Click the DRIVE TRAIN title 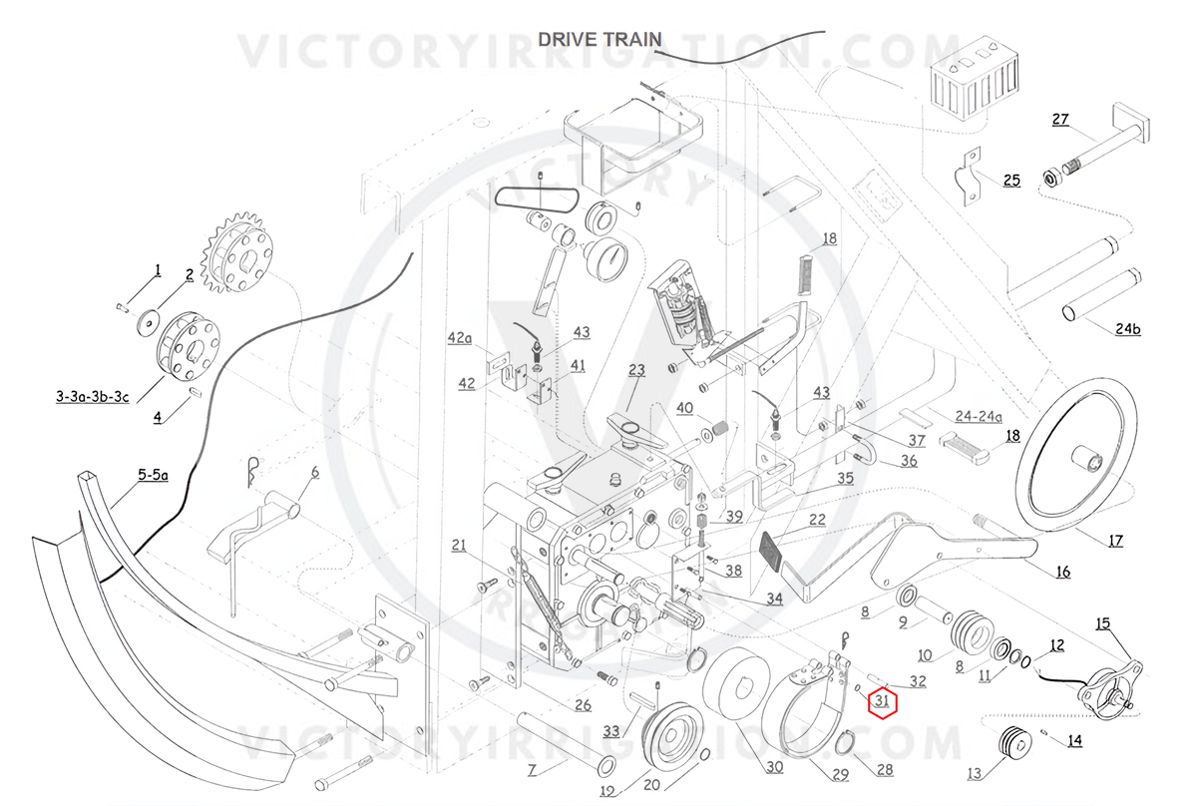tap(599, 39)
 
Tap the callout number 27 tap(1060, 119)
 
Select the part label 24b tap(1127, 328)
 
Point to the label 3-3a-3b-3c tap(93, 397)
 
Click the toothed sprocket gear tap(237, 251)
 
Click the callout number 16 tap(1063, 573)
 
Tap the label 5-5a tap(153, 475)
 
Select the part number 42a tap(459, 338)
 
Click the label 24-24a tap(979, 416)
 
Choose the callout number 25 tap(1011, 181)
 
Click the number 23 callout tap(636, 370)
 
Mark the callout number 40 tap(684, 408)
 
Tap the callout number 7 tap(532, 770)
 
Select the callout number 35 tap(845, 478)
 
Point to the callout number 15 tap(1102, 623)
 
